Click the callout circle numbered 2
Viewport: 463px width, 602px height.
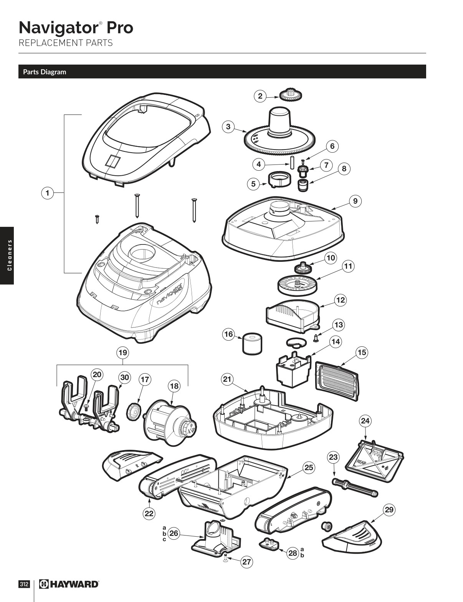point(260,96)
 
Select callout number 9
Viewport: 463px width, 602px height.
point(355,201)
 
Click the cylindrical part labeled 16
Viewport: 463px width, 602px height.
point(252,344)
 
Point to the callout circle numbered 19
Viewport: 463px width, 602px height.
point(122,352)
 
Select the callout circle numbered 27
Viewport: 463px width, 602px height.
point(246,562)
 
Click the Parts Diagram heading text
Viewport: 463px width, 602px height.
point(45,72)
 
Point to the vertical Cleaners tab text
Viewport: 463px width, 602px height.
point(7,255)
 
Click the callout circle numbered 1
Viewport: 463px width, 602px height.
point(47,193)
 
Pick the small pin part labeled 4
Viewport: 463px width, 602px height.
point(292,162)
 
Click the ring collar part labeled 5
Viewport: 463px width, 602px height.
point(279,180)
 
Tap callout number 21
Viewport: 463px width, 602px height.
point(227,379)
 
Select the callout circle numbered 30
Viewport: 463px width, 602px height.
point(124,377)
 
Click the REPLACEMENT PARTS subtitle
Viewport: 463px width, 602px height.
point(66,43)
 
